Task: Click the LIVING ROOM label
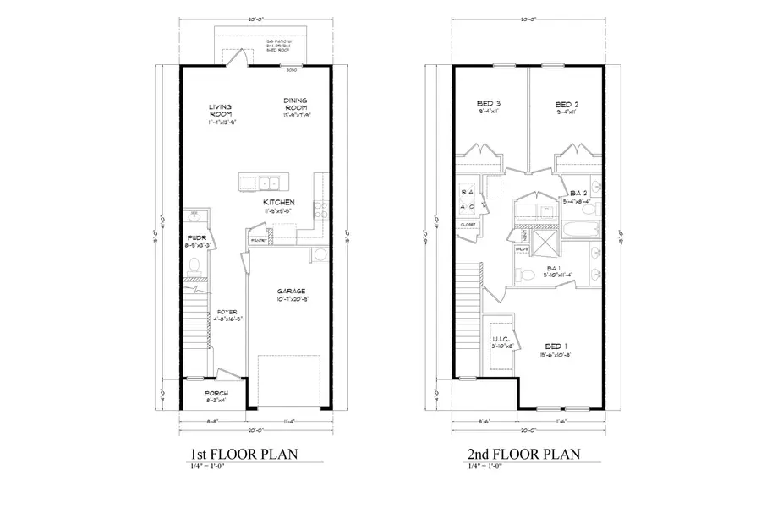[221, 112]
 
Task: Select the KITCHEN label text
[278, 203]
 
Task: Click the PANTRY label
[259, 240]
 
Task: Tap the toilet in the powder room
[194, 266]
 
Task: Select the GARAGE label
[289, 291]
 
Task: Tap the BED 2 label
[566, 104]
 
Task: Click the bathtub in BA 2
[580, 227]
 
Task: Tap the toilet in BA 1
[525, 272]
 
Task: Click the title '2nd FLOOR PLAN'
[524, 455]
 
